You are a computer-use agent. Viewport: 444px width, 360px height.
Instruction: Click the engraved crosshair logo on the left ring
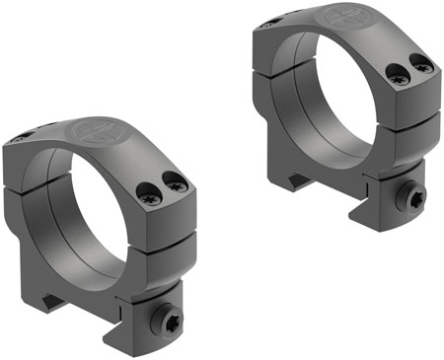96,136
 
